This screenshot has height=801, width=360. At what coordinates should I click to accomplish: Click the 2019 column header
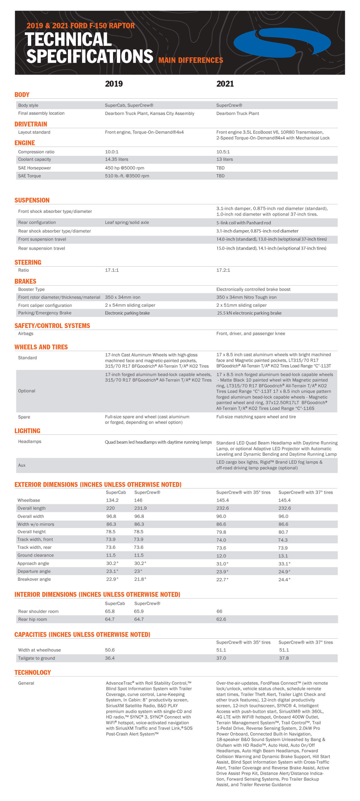coord(114,84)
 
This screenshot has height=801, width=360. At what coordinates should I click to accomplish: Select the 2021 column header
coord(225,84)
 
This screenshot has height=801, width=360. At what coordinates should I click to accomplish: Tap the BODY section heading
coord(22,95)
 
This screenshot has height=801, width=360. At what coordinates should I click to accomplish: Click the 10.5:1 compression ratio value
coord(223,152)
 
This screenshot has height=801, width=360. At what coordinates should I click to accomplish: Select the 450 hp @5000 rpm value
coord(124,168)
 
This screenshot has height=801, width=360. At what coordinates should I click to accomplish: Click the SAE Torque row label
coord(29,176)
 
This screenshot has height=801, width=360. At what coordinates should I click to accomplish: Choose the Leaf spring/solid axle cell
coord(127,222)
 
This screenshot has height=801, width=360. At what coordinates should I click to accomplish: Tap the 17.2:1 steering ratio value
coord(223,270)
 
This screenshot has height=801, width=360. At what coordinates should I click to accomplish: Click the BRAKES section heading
coord(25,281)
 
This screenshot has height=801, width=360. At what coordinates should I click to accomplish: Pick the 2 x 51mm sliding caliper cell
coord(241,305)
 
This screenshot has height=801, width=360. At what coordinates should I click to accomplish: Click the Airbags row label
coord(25,333)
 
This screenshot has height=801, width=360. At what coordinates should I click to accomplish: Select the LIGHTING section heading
coord(27,431)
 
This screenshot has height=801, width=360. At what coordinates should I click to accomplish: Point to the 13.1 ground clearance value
coord(283,556)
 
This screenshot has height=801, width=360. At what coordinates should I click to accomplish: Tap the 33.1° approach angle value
coord(284,563)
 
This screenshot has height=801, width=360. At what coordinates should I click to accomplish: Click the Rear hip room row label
coord(32,619)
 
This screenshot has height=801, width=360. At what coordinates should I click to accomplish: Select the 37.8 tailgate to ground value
coord(284,658)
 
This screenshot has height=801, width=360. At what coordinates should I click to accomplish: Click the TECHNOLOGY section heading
coord(32,672)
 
